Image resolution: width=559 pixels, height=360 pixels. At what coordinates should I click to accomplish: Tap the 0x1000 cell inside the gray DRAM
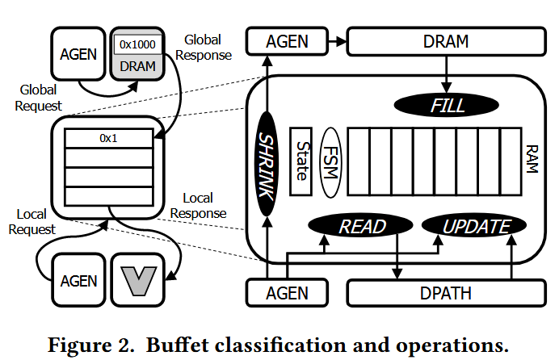pos(139,45)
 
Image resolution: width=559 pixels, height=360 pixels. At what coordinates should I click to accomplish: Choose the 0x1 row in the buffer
pos(108,138)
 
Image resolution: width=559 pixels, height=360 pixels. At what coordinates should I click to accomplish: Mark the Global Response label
pos(208,47)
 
